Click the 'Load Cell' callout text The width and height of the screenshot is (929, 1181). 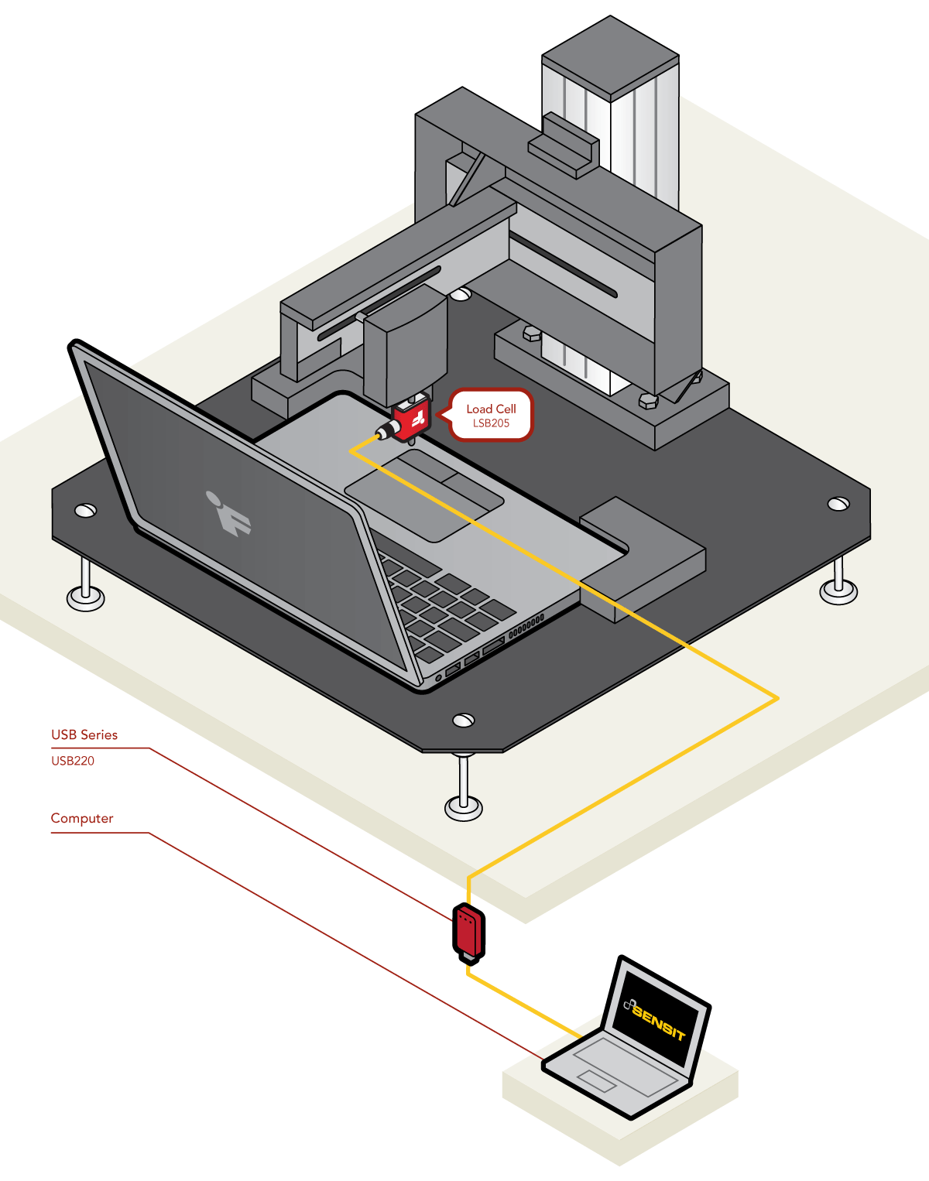[491, 409]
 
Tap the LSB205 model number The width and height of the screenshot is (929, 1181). [491, 423]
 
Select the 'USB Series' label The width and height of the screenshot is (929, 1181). [84, 734]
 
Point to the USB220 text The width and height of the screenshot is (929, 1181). [73, 761]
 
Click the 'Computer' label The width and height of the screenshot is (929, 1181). [82, 818]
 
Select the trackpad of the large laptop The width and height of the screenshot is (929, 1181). [423, 495]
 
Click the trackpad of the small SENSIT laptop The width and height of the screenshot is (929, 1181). [595, 1080]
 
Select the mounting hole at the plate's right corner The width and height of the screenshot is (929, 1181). [838, 504]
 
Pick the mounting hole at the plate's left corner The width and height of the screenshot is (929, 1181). [85, 510]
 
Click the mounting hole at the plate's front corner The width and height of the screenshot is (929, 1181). [464, 721]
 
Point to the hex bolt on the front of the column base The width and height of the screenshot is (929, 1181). [648, 401]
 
